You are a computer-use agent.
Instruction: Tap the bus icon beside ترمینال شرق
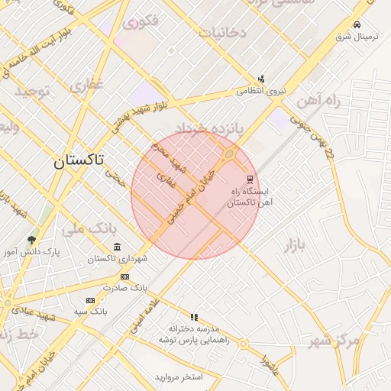click(357, 24)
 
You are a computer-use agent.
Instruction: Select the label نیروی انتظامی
click(260, 91)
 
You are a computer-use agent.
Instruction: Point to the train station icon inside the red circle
click(250, 179)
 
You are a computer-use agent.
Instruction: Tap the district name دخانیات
click(222, 32)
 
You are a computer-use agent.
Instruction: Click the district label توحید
click(32, 92)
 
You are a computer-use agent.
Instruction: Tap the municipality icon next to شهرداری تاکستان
click(116, 247)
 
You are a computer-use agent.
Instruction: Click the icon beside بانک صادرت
click(125, 276)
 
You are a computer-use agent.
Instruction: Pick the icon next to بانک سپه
click(90, 300)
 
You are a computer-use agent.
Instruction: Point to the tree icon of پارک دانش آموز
click(31, 240)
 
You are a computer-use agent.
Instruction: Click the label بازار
click(294, 245)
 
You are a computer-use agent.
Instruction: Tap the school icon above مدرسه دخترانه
click(194, 316)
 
